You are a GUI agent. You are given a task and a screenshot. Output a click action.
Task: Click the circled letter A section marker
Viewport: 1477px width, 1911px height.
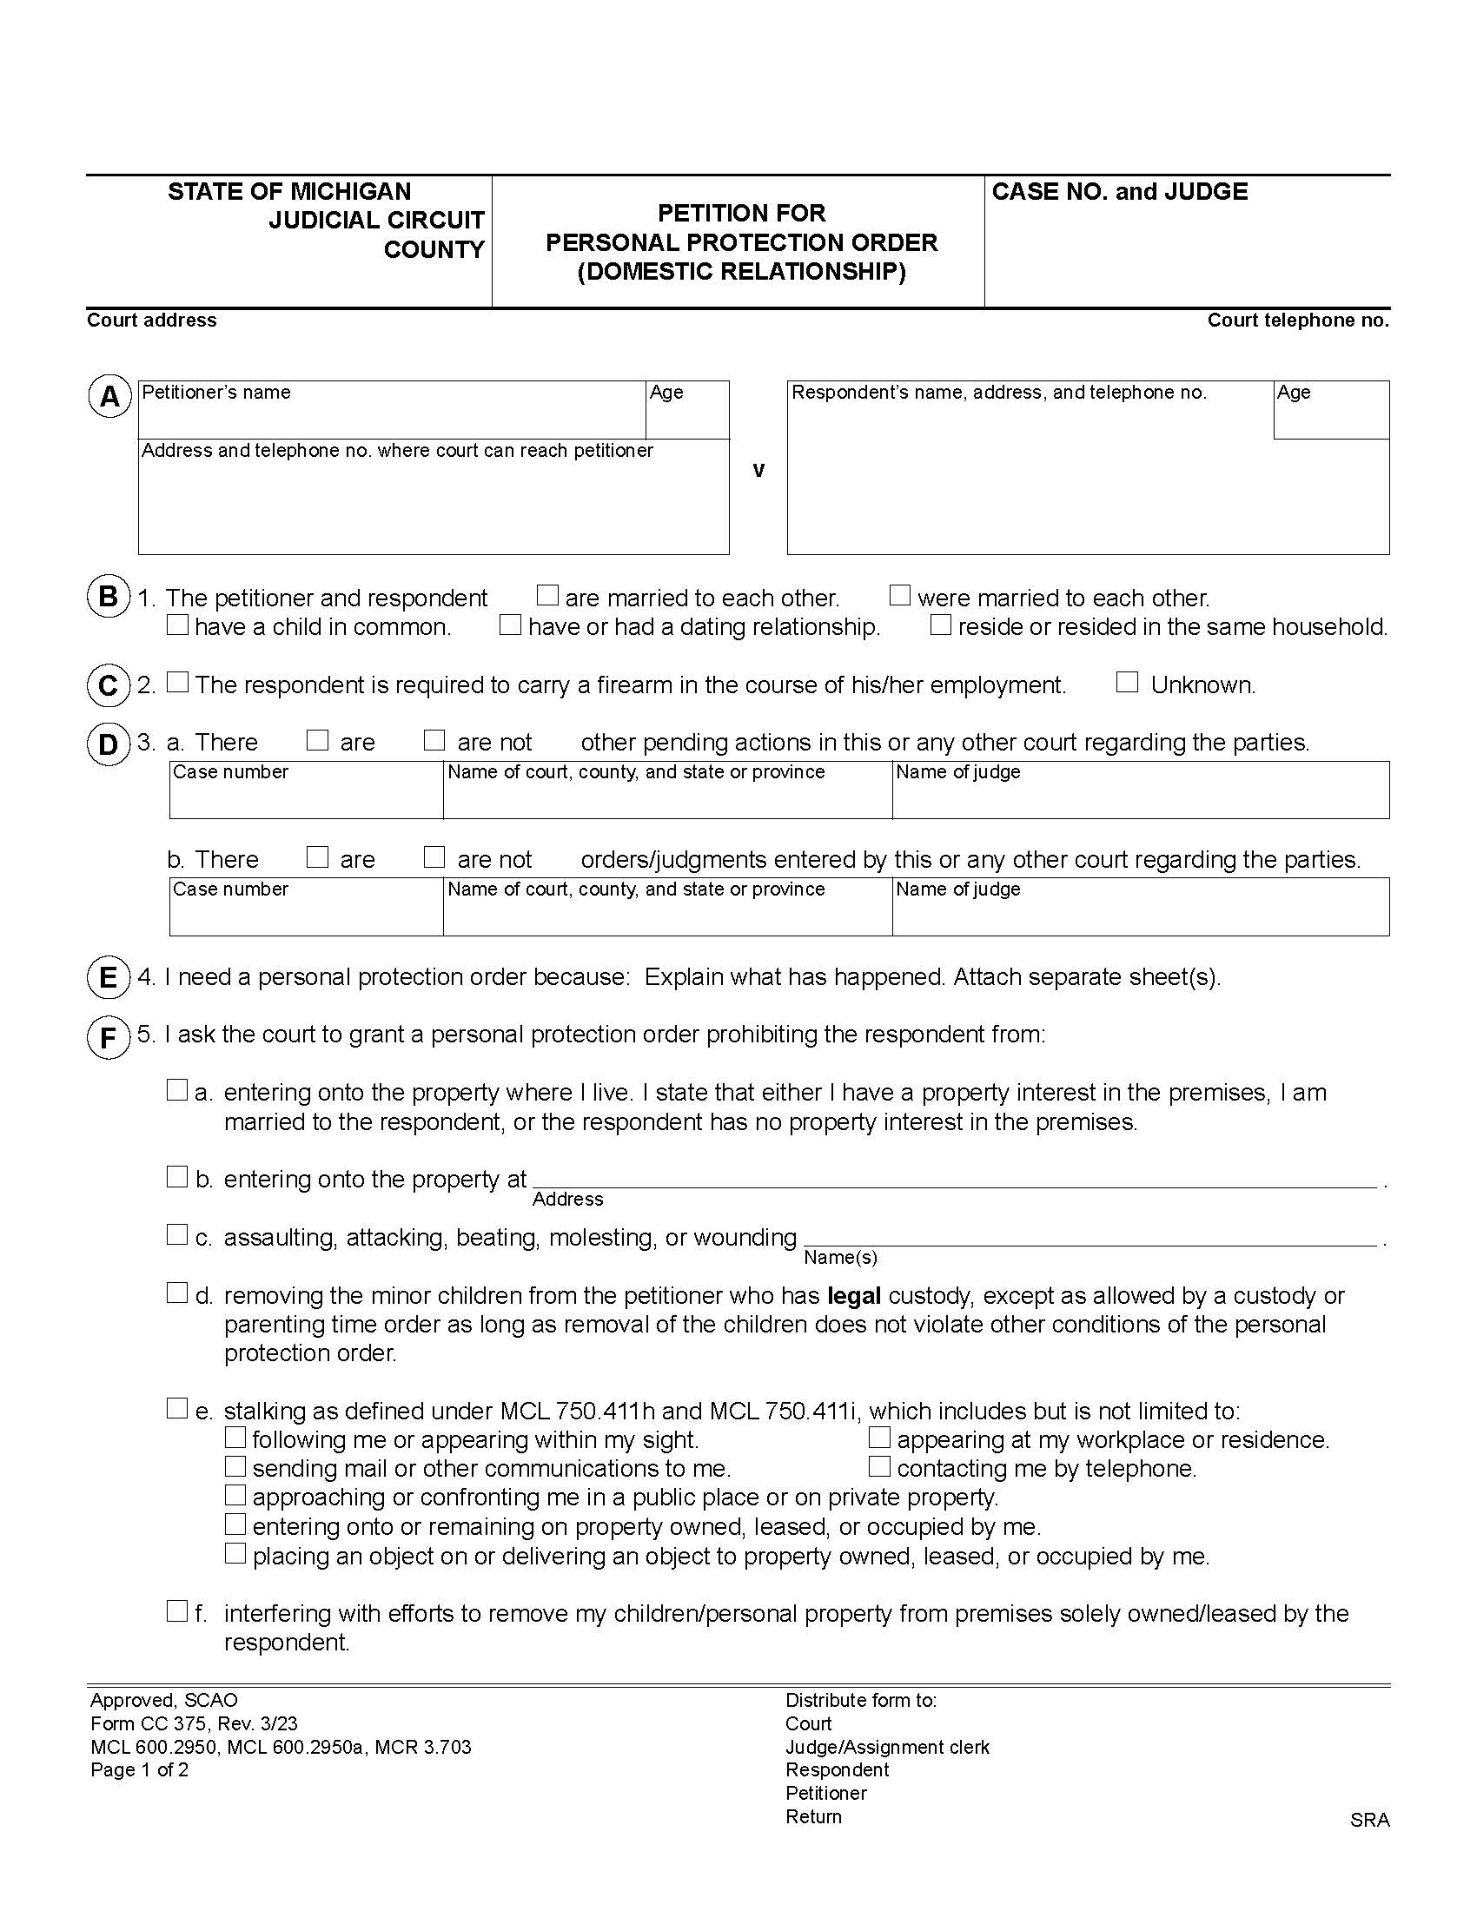(x=109, y=397)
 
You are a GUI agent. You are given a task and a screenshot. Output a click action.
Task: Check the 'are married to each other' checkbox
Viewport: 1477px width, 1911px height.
(x=547, y=596)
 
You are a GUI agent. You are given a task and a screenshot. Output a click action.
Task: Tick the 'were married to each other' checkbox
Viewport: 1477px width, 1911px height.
(x=899, y=596)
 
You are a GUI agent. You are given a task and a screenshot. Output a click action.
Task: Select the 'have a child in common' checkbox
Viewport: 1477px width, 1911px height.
(x=177, y=625)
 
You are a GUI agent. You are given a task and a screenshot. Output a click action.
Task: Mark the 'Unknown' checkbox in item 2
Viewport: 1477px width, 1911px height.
(x=1127, y=683)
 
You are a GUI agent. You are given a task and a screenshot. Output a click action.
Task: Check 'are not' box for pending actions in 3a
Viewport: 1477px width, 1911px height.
(x=434, y=740)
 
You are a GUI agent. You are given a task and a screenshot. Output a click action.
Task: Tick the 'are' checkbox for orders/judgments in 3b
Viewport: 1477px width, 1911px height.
(x=317, y=857)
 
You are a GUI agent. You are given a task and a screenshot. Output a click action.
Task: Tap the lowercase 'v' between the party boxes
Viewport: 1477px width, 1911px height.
(x=758, y=471)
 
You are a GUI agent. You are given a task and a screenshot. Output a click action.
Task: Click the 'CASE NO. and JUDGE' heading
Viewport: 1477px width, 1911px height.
(x=1119, y=192)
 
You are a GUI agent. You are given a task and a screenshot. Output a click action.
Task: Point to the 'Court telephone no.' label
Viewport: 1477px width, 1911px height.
(x=1298, y=321)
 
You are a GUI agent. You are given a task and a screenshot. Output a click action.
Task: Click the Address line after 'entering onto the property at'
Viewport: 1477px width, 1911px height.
(x=954, y=1179)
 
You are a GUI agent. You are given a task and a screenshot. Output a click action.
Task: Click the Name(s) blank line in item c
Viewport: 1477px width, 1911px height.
(x=1090, y=1236)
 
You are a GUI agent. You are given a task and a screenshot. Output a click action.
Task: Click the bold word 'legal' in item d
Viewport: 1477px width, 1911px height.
(x=853, y=1296)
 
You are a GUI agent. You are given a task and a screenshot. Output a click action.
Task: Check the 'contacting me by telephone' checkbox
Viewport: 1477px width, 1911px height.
(x=879, y=1466)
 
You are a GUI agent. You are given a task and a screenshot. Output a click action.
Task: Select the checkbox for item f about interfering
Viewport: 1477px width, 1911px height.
(x=177, y=1610)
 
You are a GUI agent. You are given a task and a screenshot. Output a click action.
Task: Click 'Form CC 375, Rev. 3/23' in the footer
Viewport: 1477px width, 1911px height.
(x=194, y=1723)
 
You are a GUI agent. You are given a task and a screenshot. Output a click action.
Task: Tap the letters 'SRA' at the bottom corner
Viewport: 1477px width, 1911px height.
(x=1368, y=1820)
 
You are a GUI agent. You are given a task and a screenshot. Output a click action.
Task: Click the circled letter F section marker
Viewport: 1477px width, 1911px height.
(x=109, y=1038)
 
